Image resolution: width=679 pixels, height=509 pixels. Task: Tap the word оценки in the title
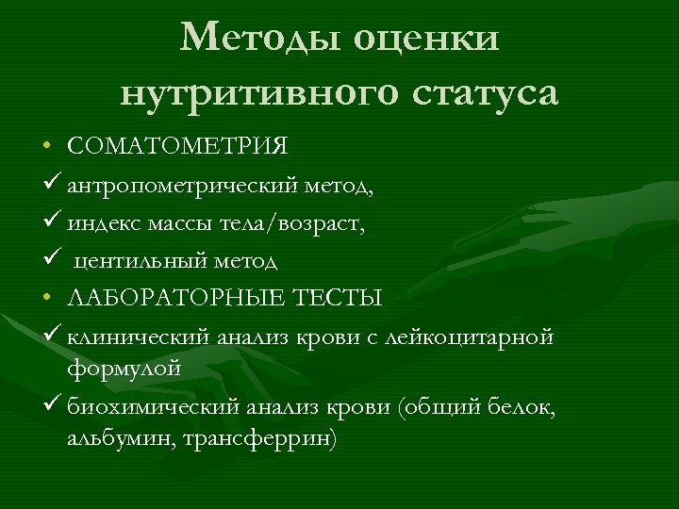pyautogui.click(x=427, y=39)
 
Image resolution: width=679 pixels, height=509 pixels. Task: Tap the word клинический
pyautogui.click(x=141, y=337)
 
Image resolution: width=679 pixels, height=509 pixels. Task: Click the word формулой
pyautogui.click(x=124, y=368)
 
